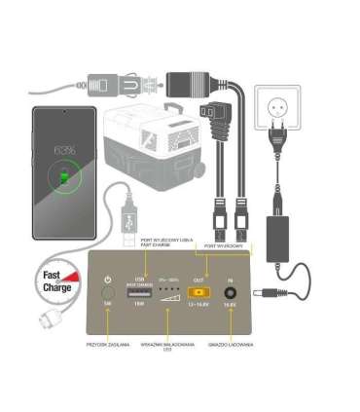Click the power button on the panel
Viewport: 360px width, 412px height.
pyautogui.click(x=108, y=291)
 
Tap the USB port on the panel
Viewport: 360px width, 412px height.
pyautogui.click(x=139, y=292)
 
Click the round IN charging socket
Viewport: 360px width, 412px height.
pyautogui.click(x=231, y=291)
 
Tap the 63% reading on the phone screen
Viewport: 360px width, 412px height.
pyautogui.click(x=65, y=151)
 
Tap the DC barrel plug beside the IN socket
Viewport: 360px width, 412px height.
pyautogui.click(x=264, y=291)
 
